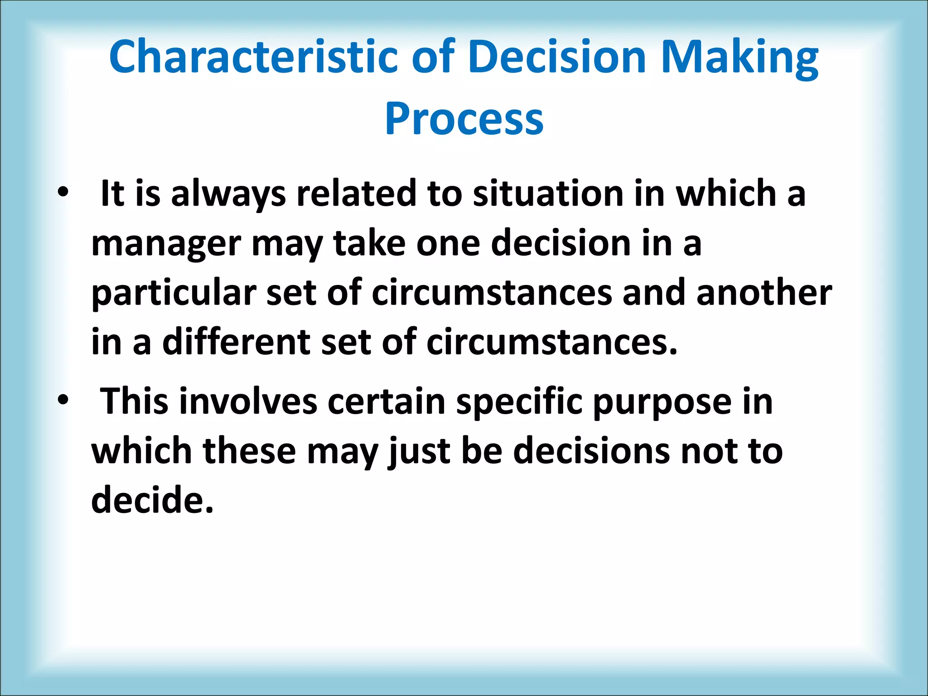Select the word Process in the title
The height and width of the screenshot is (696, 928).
pos(464,119)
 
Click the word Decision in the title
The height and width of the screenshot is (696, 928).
pos(557,57)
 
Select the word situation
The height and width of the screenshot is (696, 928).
pos(548,193)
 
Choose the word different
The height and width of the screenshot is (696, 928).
pos(236,342)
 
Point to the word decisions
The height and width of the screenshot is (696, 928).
pos(591,451)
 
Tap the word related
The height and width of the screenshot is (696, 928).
pos(356,193)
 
